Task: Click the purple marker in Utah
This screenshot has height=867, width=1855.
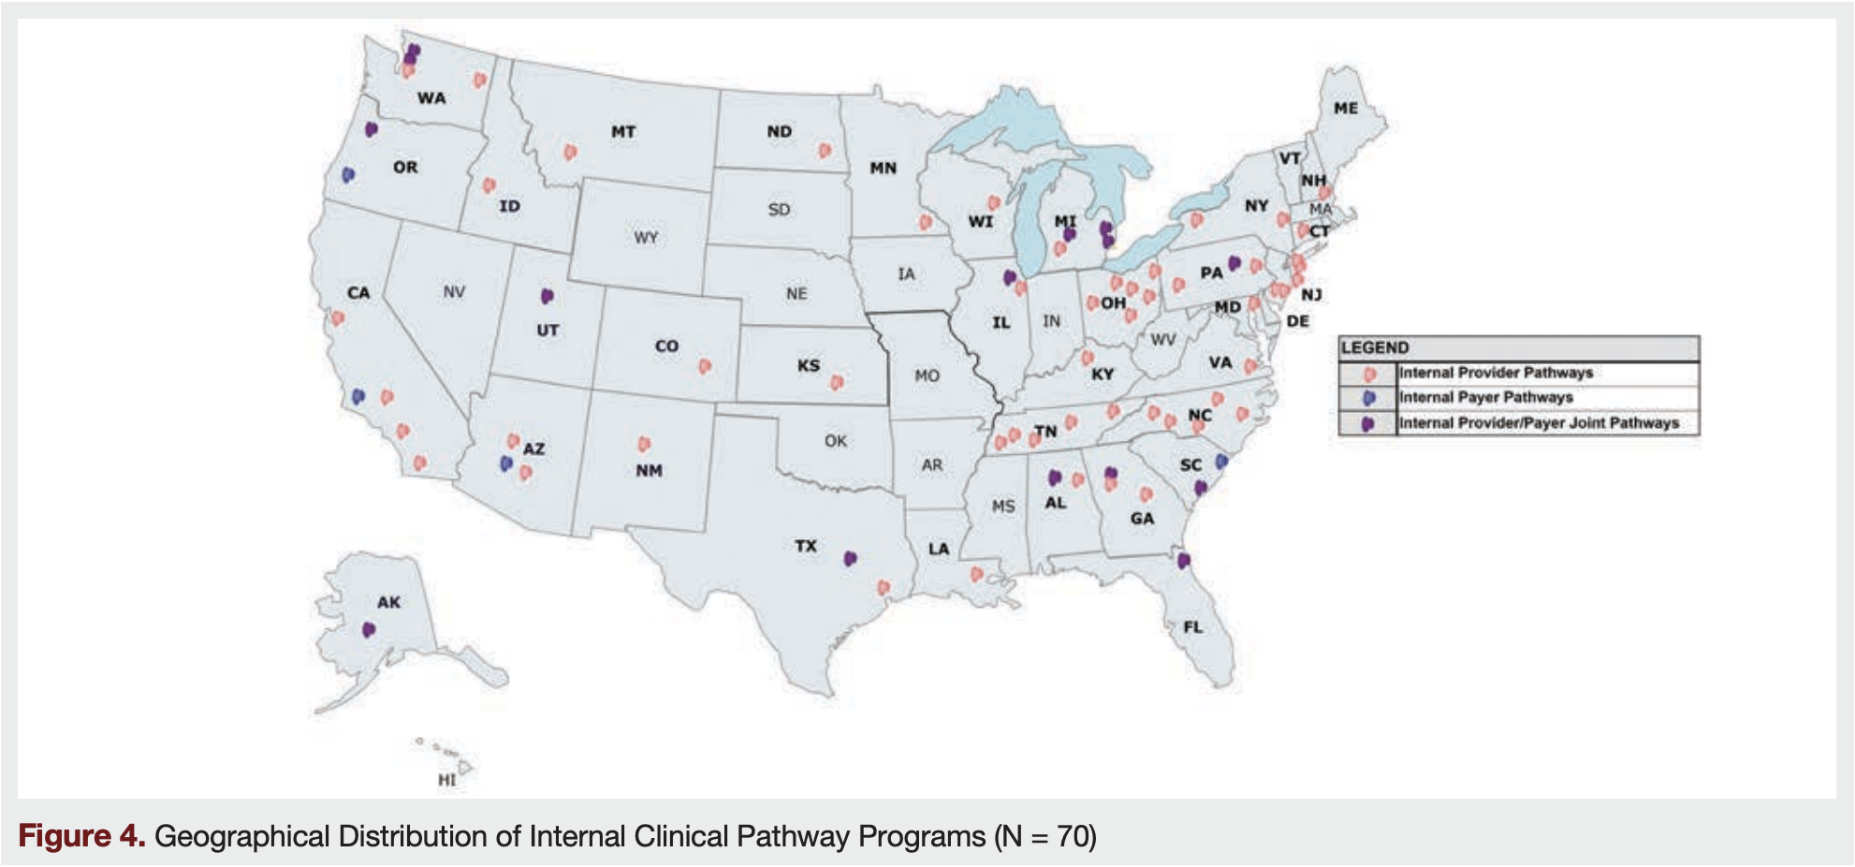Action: point(548,296)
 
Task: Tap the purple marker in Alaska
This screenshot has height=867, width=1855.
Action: point(369,629)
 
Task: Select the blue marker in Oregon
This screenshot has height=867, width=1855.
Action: point(348,174)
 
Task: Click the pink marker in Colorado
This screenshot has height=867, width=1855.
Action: point(705,366)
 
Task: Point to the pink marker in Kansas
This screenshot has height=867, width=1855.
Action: point(837,382)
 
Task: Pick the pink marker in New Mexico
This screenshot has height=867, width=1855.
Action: point(644,444)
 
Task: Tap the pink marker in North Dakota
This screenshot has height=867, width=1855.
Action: point(825,150)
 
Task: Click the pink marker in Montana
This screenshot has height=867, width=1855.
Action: point(570,152)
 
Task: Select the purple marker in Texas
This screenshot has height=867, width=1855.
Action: point(850,558)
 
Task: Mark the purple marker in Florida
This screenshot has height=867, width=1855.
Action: point(1184,560)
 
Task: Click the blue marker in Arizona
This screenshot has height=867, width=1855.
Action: point(506,463)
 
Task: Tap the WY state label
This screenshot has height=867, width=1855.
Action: point(646,238)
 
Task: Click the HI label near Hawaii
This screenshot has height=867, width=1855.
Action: point(447,780)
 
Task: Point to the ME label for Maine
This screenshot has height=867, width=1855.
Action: point(1346,109)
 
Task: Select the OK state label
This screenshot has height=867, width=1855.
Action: point(836,441)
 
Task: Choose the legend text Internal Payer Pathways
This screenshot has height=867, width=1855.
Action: point(1485,398)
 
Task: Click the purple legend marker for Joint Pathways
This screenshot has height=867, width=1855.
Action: point(1368,423)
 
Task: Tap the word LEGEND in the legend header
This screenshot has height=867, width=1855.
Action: point(1375,348)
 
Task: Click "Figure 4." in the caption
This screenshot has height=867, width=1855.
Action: point(81,835)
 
